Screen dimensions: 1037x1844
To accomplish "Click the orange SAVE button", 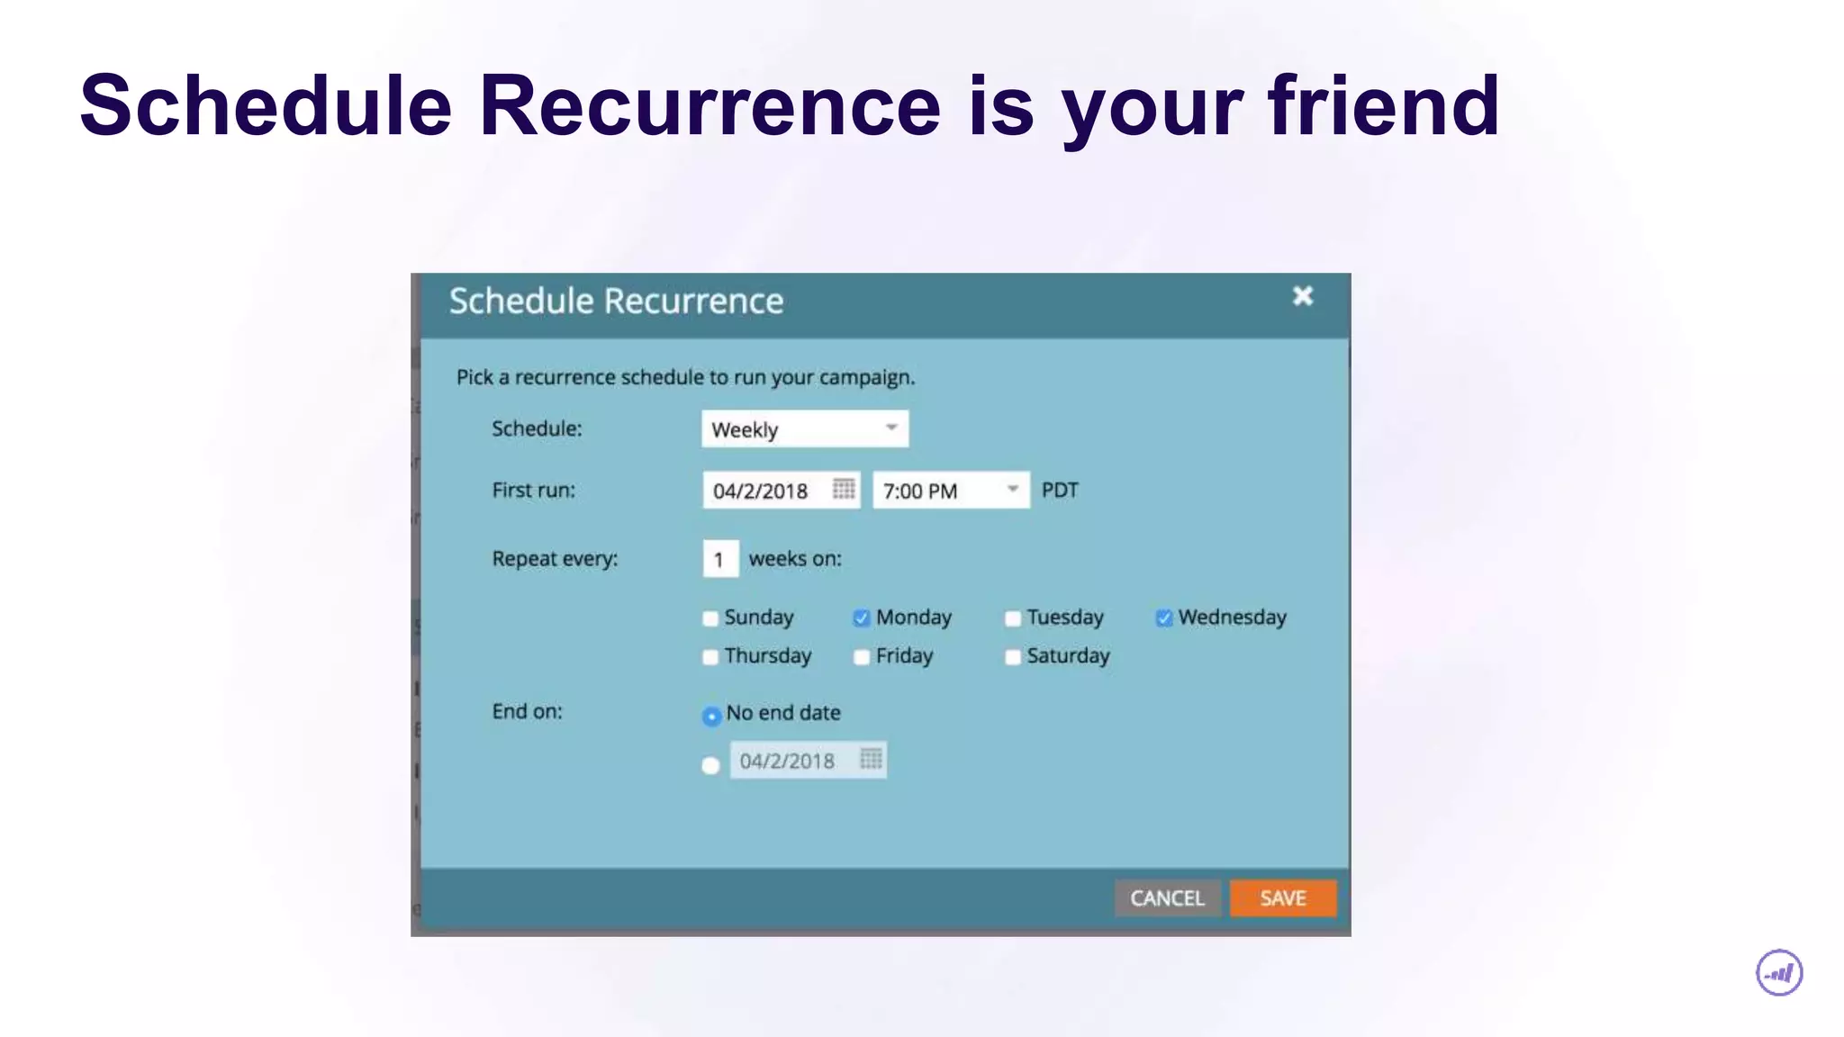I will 1282,898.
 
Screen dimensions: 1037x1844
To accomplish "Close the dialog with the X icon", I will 1302,296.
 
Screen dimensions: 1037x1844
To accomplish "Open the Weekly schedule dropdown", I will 804,429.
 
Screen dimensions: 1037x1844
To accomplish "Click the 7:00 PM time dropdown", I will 950,491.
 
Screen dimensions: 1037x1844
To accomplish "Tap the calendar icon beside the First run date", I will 844,489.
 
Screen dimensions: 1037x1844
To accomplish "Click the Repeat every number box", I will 720,559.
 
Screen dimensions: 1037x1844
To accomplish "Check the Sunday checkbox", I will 710,618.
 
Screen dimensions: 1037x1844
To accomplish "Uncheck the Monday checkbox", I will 862,618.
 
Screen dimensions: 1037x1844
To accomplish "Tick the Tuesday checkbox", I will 1013,618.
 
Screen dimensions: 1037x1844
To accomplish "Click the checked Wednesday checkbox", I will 1164,618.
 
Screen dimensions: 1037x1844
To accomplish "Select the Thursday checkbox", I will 710,657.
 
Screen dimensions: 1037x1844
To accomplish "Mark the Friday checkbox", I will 862,657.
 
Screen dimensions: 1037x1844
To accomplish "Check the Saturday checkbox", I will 1013,657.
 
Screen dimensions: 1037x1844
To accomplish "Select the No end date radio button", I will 711,716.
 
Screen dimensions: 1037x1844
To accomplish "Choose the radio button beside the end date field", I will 710,765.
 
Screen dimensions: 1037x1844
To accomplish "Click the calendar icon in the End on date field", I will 871,759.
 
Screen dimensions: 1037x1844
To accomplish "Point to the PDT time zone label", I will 1060,491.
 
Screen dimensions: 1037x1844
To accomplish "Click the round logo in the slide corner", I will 1779,973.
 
